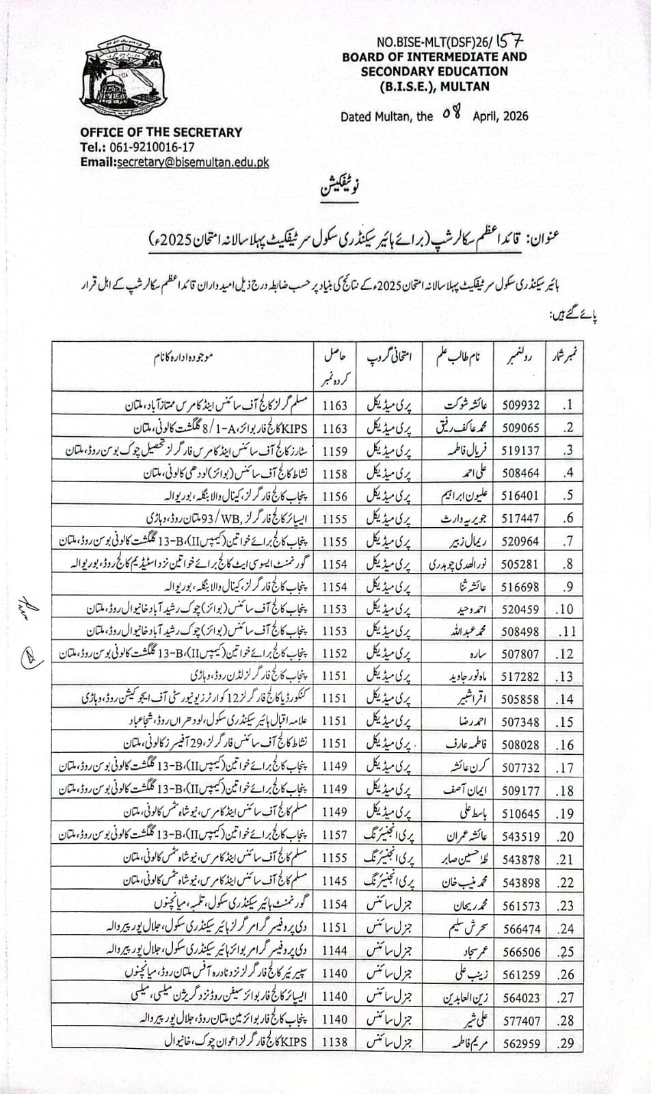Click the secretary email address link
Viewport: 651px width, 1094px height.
193,163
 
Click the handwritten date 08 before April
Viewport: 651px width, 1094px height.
452,114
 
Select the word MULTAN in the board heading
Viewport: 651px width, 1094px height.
465,86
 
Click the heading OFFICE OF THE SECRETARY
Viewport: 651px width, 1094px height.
161,132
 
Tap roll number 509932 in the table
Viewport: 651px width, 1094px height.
521,405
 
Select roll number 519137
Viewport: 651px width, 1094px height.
521,451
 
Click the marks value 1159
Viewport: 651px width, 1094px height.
335,451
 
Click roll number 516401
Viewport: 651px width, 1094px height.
521,496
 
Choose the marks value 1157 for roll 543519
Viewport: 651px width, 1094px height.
335,836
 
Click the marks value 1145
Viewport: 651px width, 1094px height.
335,882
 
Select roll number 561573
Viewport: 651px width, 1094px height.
521,906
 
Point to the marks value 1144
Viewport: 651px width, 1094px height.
335,951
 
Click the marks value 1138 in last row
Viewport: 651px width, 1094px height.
335,1043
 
